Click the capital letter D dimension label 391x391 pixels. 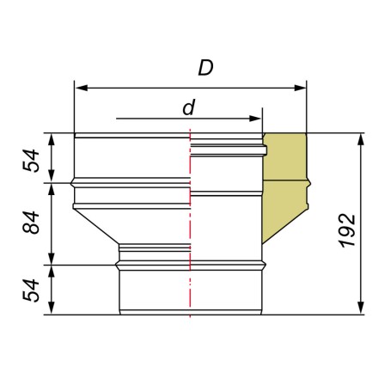pos(205,68)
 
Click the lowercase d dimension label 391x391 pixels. pos(189,107)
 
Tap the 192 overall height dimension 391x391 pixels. pos(348,230)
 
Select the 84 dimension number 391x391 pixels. pos(31,223)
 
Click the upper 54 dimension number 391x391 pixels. pos(31,161)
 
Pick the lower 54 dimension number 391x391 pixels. pos(31,290)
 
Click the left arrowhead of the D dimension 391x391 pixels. pos(81,88)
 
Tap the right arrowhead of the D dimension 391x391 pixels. pos(300,88)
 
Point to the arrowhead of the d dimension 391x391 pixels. pos(255,119)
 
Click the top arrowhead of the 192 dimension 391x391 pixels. pos(361,139)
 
